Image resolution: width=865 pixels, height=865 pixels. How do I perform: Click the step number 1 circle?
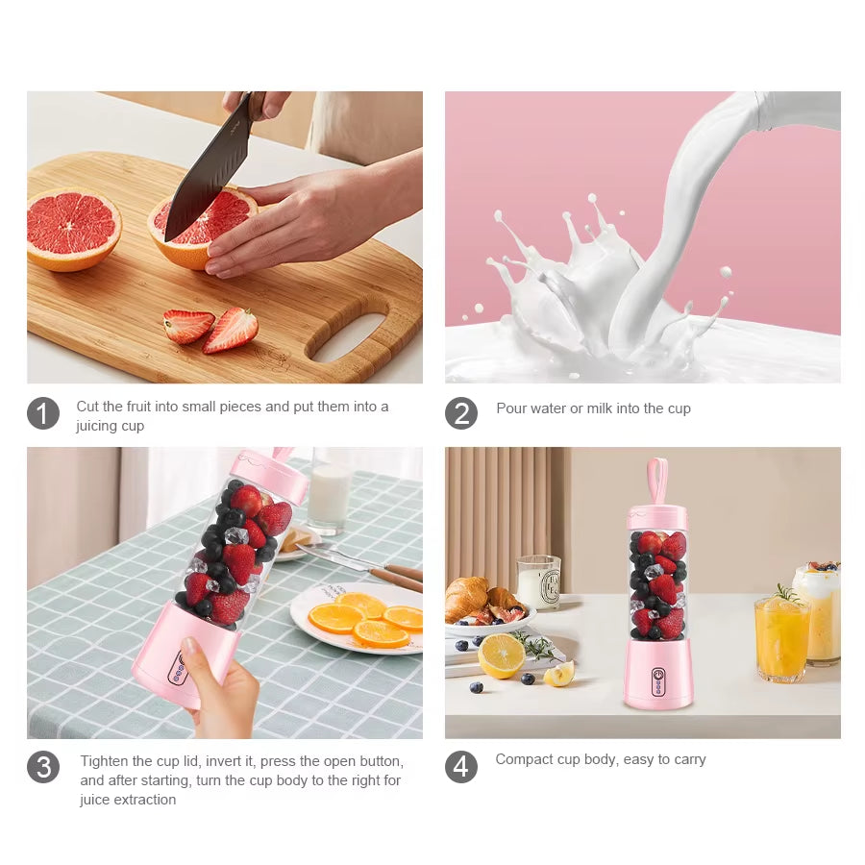click(x=43, y=414)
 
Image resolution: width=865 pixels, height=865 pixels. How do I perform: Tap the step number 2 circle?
click(x=461, y=413)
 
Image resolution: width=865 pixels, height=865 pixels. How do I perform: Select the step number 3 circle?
click(x=43, y=767)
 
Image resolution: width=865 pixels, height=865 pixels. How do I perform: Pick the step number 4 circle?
click(x=461, y=766)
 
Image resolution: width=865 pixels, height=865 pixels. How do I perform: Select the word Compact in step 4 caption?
click(x=526, y=759)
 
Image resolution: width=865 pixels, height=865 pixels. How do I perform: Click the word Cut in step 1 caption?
click(x=87, y=407)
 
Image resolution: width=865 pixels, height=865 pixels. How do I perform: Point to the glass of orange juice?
click(x=782, y=636)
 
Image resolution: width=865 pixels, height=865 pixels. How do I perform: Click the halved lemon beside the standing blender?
click(x=502, y=655)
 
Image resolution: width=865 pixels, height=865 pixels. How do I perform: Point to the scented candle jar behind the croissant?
click(x=538, y=581)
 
